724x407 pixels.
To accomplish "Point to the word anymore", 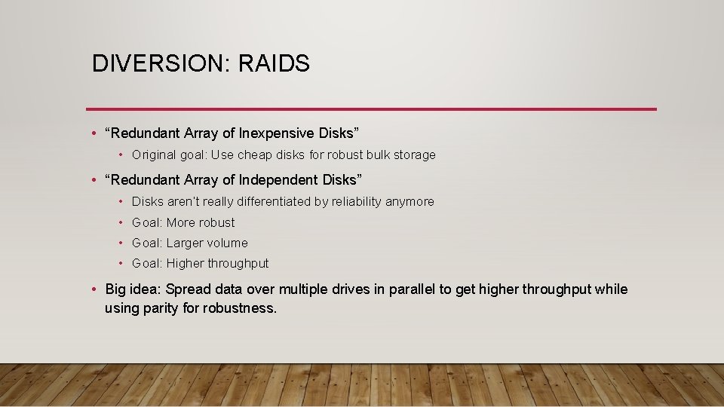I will point(410,202).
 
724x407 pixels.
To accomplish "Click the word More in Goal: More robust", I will point(180,222).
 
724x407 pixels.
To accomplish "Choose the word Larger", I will point(186,243).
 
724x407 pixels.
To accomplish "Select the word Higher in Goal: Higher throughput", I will point(186,263).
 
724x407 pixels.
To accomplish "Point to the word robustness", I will point(240,308).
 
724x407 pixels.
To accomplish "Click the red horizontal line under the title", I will point(371,109).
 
